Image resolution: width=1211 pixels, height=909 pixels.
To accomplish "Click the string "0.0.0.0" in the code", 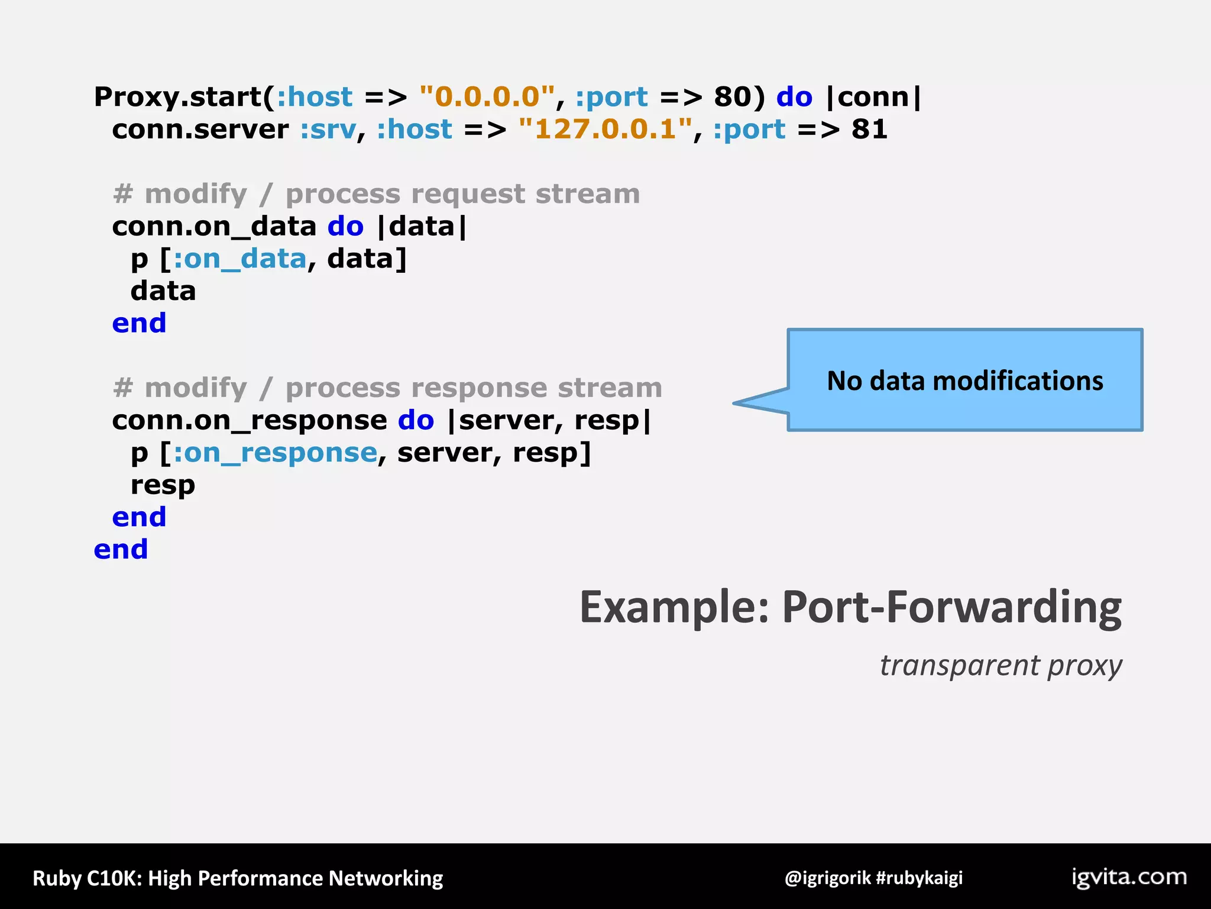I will coord(487,96).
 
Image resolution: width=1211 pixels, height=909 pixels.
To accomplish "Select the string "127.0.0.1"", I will coord(605,129).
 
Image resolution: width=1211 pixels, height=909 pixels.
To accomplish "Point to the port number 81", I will coord(869,129).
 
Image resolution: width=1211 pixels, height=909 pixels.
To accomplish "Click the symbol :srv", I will coord(328,130).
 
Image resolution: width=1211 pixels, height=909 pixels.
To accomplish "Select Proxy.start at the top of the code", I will coord(177,97).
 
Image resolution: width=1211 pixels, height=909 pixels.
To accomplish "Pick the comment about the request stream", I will coord(376,194).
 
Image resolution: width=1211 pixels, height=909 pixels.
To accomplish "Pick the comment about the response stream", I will coord(387,388).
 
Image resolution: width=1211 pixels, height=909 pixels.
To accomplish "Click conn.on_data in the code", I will coord(214,227).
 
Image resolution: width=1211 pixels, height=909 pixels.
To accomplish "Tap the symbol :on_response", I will coord(275,453).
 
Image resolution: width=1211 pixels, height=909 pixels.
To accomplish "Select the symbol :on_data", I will coord(240,259).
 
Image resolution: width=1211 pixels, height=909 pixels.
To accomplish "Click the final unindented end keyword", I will coord(121,550).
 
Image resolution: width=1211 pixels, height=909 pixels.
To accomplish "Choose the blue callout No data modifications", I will coord(964,381).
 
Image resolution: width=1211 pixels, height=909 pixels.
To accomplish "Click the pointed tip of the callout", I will coord(736,403).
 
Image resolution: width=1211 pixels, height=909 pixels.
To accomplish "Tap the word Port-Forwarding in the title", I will coord(951,607).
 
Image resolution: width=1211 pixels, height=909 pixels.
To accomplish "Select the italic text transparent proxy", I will coord(1000,665).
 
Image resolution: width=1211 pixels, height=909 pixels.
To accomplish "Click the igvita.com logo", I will coord(1129,877).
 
